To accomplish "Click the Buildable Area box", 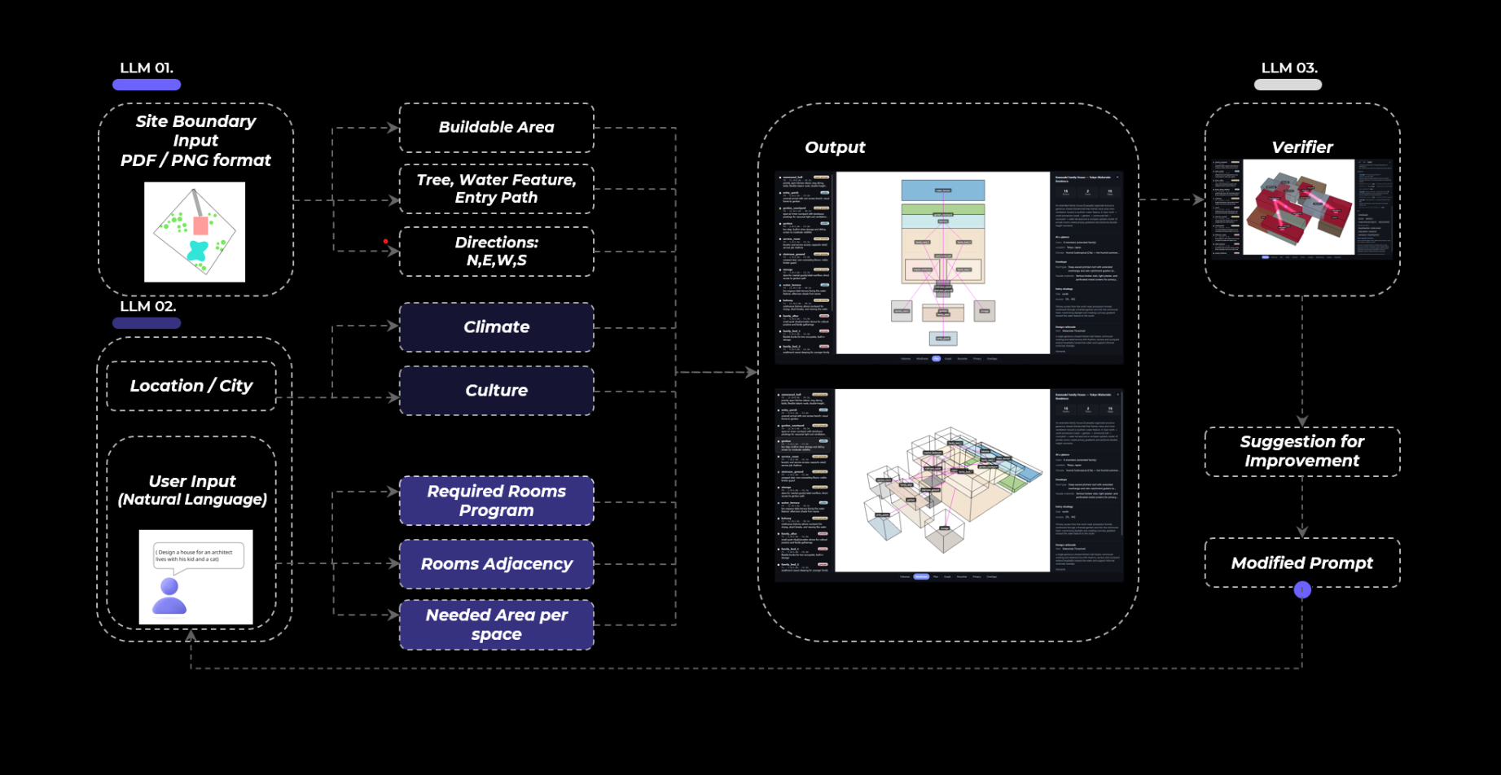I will [x=496, y=128].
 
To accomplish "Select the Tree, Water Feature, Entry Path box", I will [x=496, y=189].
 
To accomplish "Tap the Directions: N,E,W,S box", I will [x=496, y=252].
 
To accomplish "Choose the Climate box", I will [x=496, y=327].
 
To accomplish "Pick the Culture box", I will [x=496, y=391].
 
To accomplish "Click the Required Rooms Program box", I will [x=496, y=501].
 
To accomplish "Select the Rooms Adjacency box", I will [x=496, y=564].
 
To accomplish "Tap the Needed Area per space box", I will [x=496, y=624].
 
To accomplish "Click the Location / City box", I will [x=191, y=386].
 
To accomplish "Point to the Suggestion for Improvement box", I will [x=1301, y=451].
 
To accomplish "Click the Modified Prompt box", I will [x=1301, y=563].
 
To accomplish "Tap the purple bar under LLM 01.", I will [x=147, y=85].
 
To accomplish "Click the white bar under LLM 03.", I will [x=1288, y=85].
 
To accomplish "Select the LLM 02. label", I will [x=147, y=306].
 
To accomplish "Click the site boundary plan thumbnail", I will [x=195, y=232].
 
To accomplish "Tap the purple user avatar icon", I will [x=169, y=597].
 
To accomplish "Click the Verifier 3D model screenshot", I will [x=1298, y=208].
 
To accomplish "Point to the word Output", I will [x=835, y=147].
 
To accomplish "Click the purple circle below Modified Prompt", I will [x=1302, y=590].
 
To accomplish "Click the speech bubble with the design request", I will [x=198, y=557].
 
